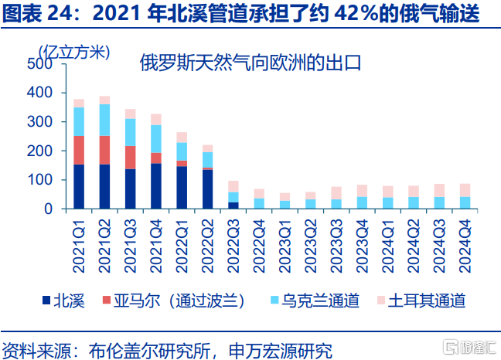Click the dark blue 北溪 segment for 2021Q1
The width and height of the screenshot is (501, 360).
pyautogui.click(x=79, y=186)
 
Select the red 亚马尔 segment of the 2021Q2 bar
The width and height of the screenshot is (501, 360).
pyautogui.click(x=104, y=150)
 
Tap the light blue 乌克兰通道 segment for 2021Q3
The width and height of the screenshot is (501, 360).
pyautogui.click(x=130, y=132)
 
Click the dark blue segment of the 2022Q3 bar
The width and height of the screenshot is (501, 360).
pyautogui.click(x=233, y=205)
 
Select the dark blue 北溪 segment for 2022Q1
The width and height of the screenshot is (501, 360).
pyautogui.click(x=182, y=188)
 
